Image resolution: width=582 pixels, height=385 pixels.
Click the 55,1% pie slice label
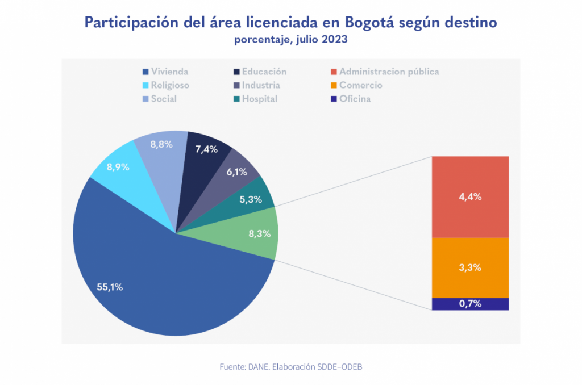[110, 287]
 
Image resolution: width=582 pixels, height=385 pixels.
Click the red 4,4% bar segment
[470, 196]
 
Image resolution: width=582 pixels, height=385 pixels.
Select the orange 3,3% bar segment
[470, 267]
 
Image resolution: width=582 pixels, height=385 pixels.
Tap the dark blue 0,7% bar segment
[470, 304]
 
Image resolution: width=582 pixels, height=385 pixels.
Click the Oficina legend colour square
[334, 99]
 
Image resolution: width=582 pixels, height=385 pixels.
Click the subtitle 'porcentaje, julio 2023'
[290, 40]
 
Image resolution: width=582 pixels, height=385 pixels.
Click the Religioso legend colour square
[145, 86]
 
